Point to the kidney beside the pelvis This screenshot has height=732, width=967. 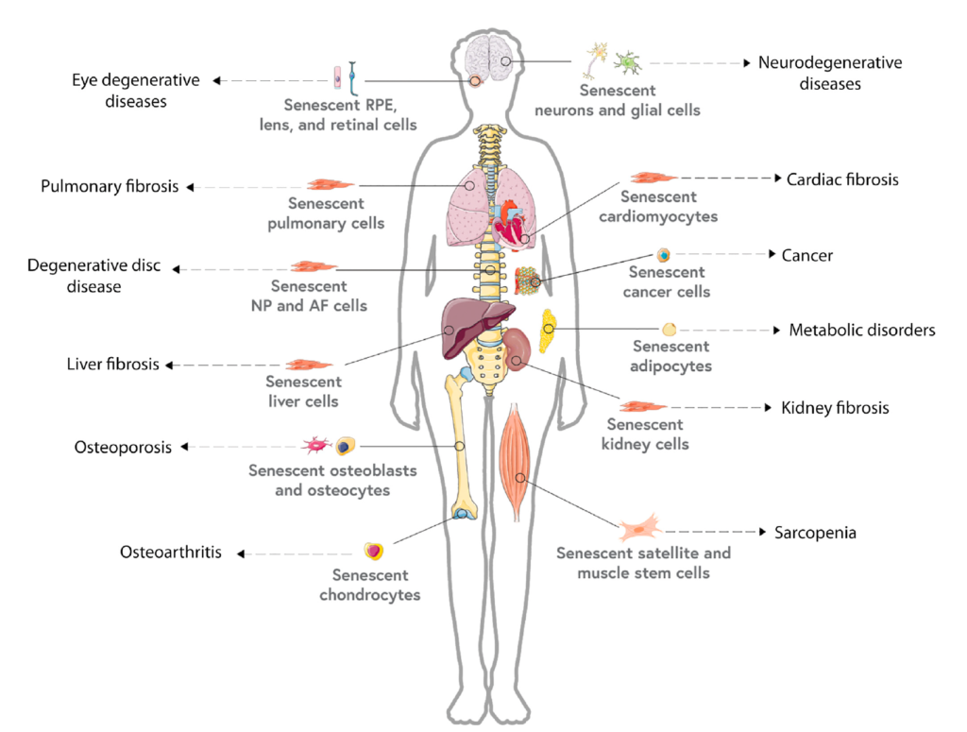[517, 349]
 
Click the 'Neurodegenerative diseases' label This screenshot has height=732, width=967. [829, 74]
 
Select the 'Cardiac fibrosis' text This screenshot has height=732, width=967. [842, 179]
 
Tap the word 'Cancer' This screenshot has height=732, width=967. [806, 255]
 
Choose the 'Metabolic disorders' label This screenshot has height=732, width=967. [861, 331]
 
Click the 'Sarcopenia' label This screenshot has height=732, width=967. [815, 533]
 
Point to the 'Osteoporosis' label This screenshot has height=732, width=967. [123, 447]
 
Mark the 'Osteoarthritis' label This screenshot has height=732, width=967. [171, 553]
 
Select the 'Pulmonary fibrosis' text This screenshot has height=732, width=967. [110, 186]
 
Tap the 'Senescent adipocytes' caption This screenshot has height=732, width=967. [671, 356]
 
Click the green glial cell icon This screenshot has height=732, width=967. [626, 62]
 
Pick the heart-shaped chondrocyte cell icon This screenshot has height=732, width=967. [374, 551]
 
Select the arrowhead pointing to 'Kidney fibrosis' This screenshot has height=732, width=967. [766, 408]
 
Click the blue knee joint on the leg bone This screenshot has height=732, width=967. [463, 514]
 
